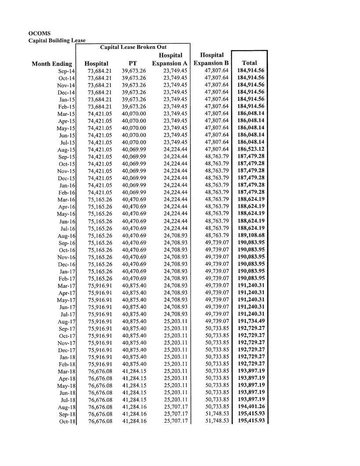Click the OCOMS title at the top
(x=40, y=33)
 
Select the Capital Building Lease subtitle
(x=57, y=40)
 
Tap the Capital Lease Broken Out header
(x=133, y=47)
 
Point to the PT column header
(x=133, y=64)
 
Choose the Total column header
(x=249, y=63)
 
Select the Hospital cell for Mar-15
(x=100, y=114)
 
